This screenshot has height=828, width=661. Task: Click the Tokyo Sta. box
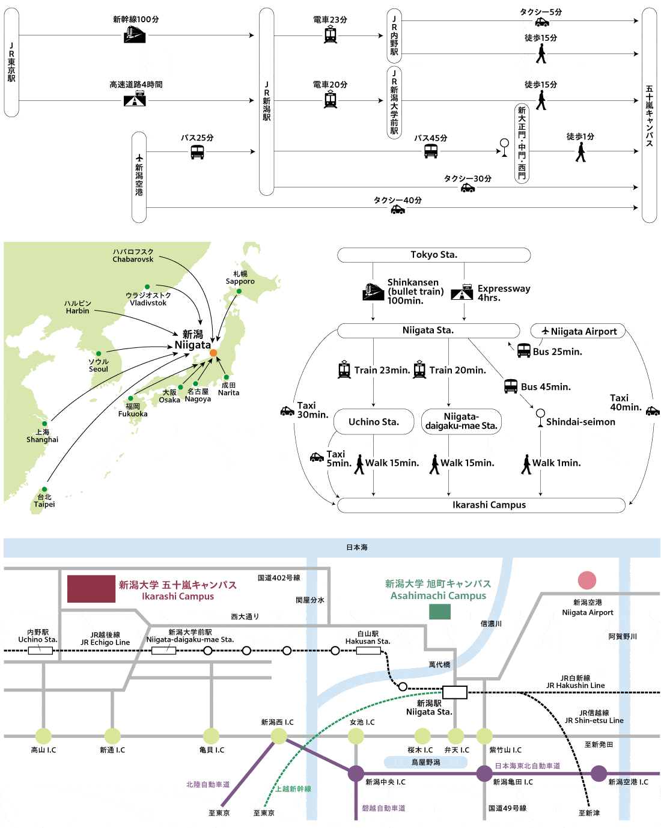(x=434, y=255)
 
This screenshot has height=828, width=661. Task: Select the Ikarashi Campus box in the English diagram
(x=489, y=505)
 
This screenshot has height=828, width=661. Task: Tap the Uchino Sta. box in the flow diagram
(x=373, y=422)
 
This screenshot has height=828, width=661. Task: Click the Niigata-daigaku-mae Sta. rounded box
(x=461, y=421)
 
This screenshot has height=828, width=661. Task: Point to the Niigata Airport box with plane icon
(x=578, y=331)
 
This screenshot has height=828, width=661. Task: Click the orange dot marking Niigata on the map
(x=213, y=353)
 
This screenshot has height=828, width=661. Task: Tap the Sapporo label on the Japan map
(x=240, y=278)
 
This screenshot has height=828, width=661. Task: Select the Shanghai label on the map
(x=42, y=436)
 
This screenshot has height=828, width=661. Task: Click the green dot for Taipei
(x=44, y=490)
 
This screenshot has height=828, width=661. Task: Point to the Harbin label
(x=78, y=307)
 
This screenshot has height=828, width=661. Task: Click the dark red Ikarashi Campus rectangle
(x=91, y=589)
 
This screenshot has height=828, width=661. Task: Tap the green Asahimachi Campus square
(x=440, y=612)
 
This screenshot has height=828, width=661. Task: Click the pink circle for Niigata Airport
(x=587, y=580)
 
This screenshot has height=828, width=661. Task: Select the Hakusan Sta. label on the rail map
(x=368, y=638)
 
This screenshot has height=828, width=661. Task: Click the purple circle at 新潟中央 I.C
(x=356, y=773)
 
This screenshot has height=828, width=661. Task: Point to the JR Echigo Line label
(x=105, y=639)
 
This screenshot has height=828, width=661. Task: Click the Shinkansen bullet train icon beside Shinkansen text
(x=373, y=291)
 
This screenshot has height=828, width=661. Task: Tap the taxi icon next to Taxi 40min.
(x=653, y=412)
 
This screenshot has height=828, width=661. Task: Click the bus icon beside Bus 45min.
(x=511, y=386)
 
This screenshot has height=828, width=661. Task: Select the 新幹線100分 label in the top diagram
(x=136, y=19)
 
